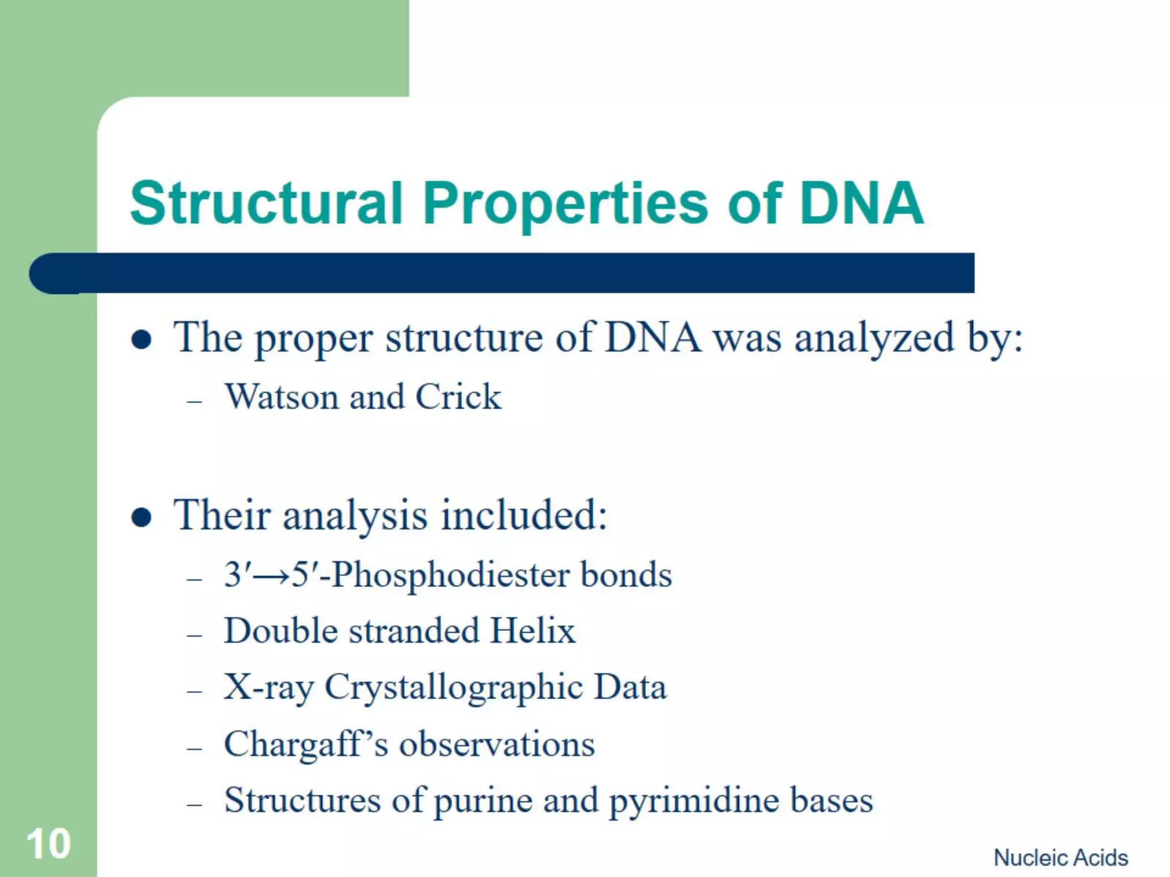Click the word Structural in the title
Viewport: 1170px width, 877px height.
(266, 203)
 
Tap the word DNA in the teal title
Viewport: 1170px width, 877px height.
(861, 203)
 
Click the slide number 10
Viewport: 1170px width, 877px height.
(49, 844)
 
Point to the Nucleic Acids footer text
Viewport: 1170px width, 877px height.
(1061, 858)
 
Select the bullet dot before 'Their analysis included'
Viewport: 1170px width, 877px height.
(141, 517)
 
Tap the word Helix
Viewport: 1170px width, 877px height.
(532, 631)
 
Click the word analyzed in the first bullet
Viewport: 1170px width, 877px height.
(874, 339)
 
